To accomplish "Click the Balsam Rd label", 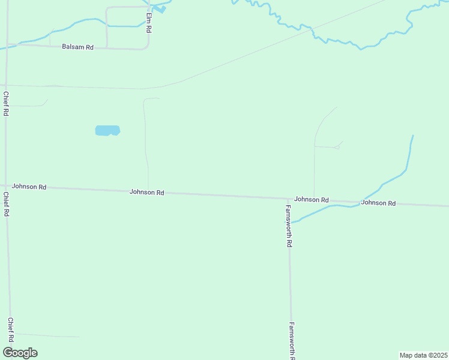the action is tap(77, 47).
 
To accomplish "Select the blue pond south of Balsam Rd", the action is tap(107, 130).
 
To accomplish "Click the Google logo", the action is tap(20, 353).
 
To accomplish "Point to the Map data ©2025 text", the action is tap(423, 355).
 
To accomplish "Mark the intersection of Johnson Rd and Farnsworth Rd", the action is tap(288, 199).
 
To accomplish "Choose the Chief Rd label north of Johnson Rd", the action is tap(5, 104).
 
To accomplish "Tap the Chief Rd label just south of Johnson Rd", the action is tap(7, 204).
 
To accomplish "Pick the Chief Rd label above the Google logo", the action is tap(10, 331).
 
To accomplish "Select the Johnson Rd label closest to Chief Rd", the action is tap(29, 187).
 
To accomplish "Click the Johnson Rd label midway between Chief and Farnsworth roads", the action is tap(147, 193).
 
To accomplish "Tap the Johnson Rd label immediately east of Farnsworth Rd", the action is tap(312, 199).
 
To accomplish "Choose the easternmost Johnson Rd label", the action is tap(378, 203).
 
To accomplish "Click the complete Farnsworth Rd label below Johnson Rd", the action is tap(289, 226).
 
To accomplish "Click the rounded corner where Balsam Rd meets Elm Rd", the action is tap(146, 47).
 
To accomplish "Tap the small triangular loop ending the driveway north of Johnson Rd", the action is tap(338, 146).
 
